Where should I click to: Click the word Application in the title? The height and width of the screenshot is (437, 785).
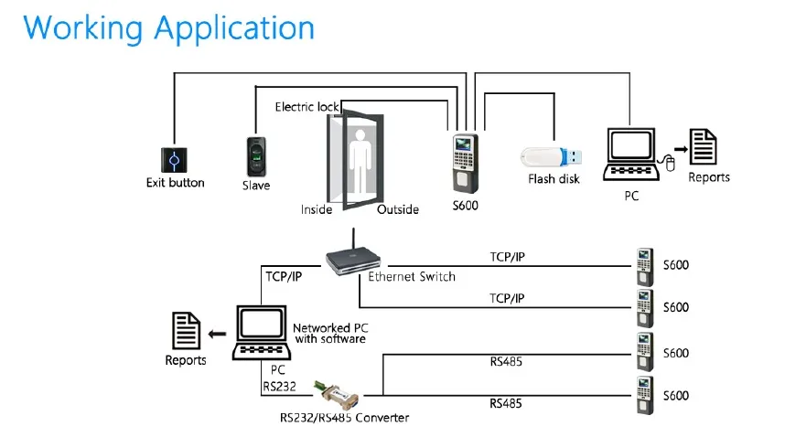(x=234, y=27)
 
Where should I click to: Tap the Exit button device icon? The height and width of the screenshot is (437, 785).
(x=174, y=159)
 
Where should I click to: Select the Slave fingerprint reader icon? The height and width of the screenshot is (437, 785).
(x=256, y=157)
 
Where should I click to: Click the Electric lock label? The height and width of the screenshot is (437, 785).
(x=306, y=107)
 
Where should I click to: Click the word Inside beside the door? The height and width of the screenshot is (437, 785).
(x=317, y=209)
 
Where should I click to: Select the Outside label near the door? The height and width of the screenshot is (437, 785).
(x=398, y=209)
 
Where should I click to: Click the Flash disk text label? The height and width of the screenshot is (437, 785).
(x=554, y=179)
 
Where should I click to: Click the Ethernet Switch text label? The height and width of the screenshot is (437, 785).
(x=412, y=276)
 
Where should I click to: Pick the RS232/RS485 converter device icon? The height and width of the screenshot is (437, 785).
(x=338, y=394)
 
